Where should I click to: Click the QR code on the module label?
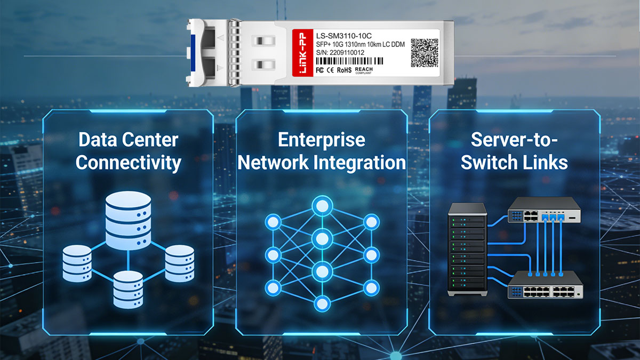pyautogui.click(x=425, y=53)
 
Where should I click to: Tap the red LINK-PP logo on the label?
pyautogui.click(x=302, y=53)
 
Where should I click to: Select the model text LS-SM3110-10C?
pyautogui.click(x=343, y=36)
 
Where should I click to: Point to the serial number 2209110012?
pyautogui.click(x=347, y=53)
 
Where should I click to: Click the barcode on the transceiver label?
pyautogui.click(x=349, y=61)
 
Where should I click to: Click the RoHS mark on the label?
pyautogui.click(x=345, y=70)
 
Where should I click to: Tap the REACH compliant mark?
pyautogui.click(x=364, y=70)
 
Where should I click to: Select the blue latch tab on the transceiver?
pyautogui.click(x=193, y=53)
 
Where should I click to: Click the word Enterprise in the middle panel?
pyautogui.click(x=322, y=140)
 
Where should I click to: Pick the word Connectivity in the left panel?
pyautogui.click(x=129, y=163)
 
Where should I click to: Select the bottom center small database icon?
pyautogui.click(x=128, y=289)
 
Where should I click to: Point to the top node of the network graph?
pyautogui.click(x=322, y=206)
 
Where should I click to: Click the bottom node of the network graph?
pyautogui.click(x=322, y=303)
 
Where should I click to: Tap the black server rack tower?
pyautogui.click(x=467, y=249)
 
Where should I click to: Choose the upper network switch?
pyautogui.click(x=545, y=210)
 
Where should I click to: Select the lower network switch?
pyautogui.click(x=545, y=285)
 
